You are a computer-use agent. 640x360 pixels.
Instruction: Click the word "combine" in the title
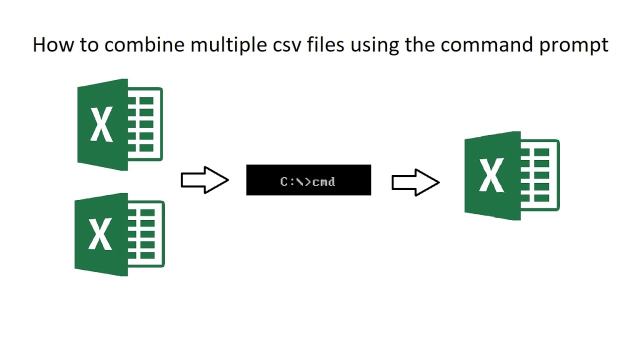[x=144, y=45]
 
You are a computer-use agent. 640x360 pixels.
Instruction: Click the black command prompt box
[x=308, y=180]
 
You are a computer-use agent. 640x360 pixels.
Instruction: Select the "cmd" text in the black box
[x=324, y=181]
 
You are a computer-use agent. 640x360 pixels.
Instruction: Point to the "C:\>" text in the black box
[x=295, y=181]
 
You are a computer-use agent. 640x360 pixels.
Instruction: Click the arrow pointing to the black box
[x=204, y=180]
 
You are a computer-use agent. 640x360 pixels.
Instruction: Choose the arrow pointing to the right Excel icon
[x=415, y=182]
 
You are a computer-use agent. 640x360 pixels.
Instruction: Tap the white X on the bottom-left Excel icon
[x=100, y=234]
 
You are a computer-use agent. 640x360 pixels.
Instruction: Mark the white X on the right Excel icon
[x=491, y=175]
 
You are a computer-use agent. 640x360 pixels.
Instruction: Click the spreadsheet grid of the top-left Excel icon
[x=145, y=124]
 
